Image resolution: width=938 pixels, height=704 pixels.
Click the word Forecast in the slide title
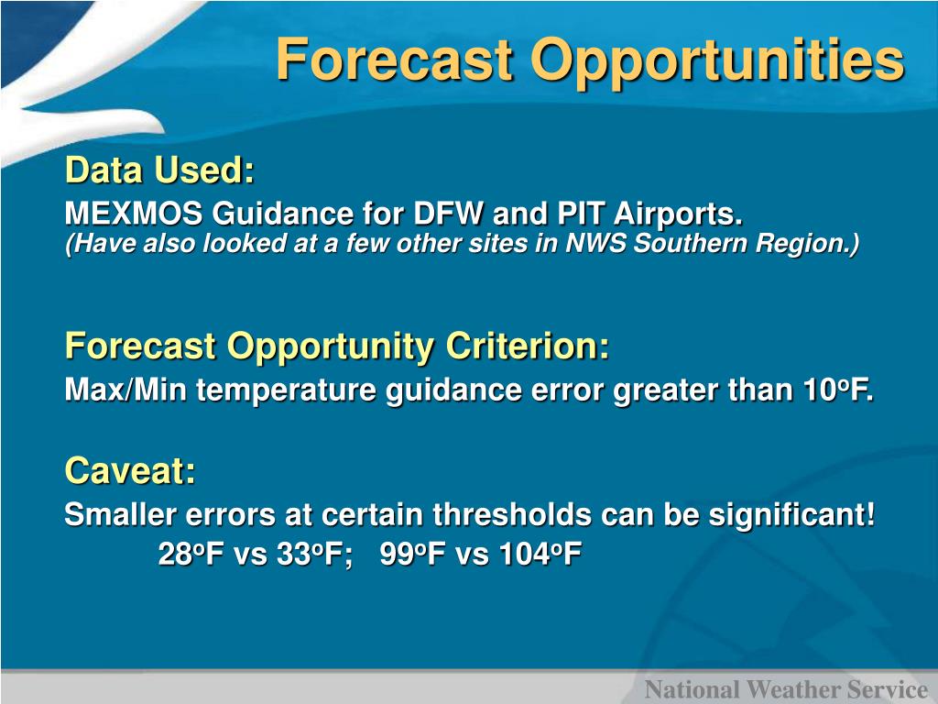click(x=395, y=59)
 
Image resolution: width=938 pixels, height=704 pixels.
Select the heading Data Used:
click(x=159, y=170)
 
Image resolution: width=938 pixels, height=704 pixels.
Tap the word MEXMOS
click(x=134, y=213)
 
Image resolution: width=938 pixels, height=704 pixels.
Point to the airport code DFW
click(x=448, y=213)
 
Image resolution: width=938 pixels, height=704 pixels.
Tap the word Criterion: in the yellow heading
click(x=528, y=346)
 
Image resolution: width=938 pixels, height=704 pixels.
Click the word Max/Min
click(x=125, y=390)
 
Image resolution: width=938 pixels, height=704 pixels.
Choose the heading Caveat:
click(x=130, y=470)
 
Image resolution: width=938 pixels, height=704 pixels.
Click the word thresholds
click(x=512, y=514)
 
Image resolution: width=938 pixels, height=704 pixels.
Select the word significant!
click(x=791, y=516)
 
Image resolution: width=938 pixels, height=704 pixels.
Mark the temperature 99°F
click(x=412, y=554)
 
